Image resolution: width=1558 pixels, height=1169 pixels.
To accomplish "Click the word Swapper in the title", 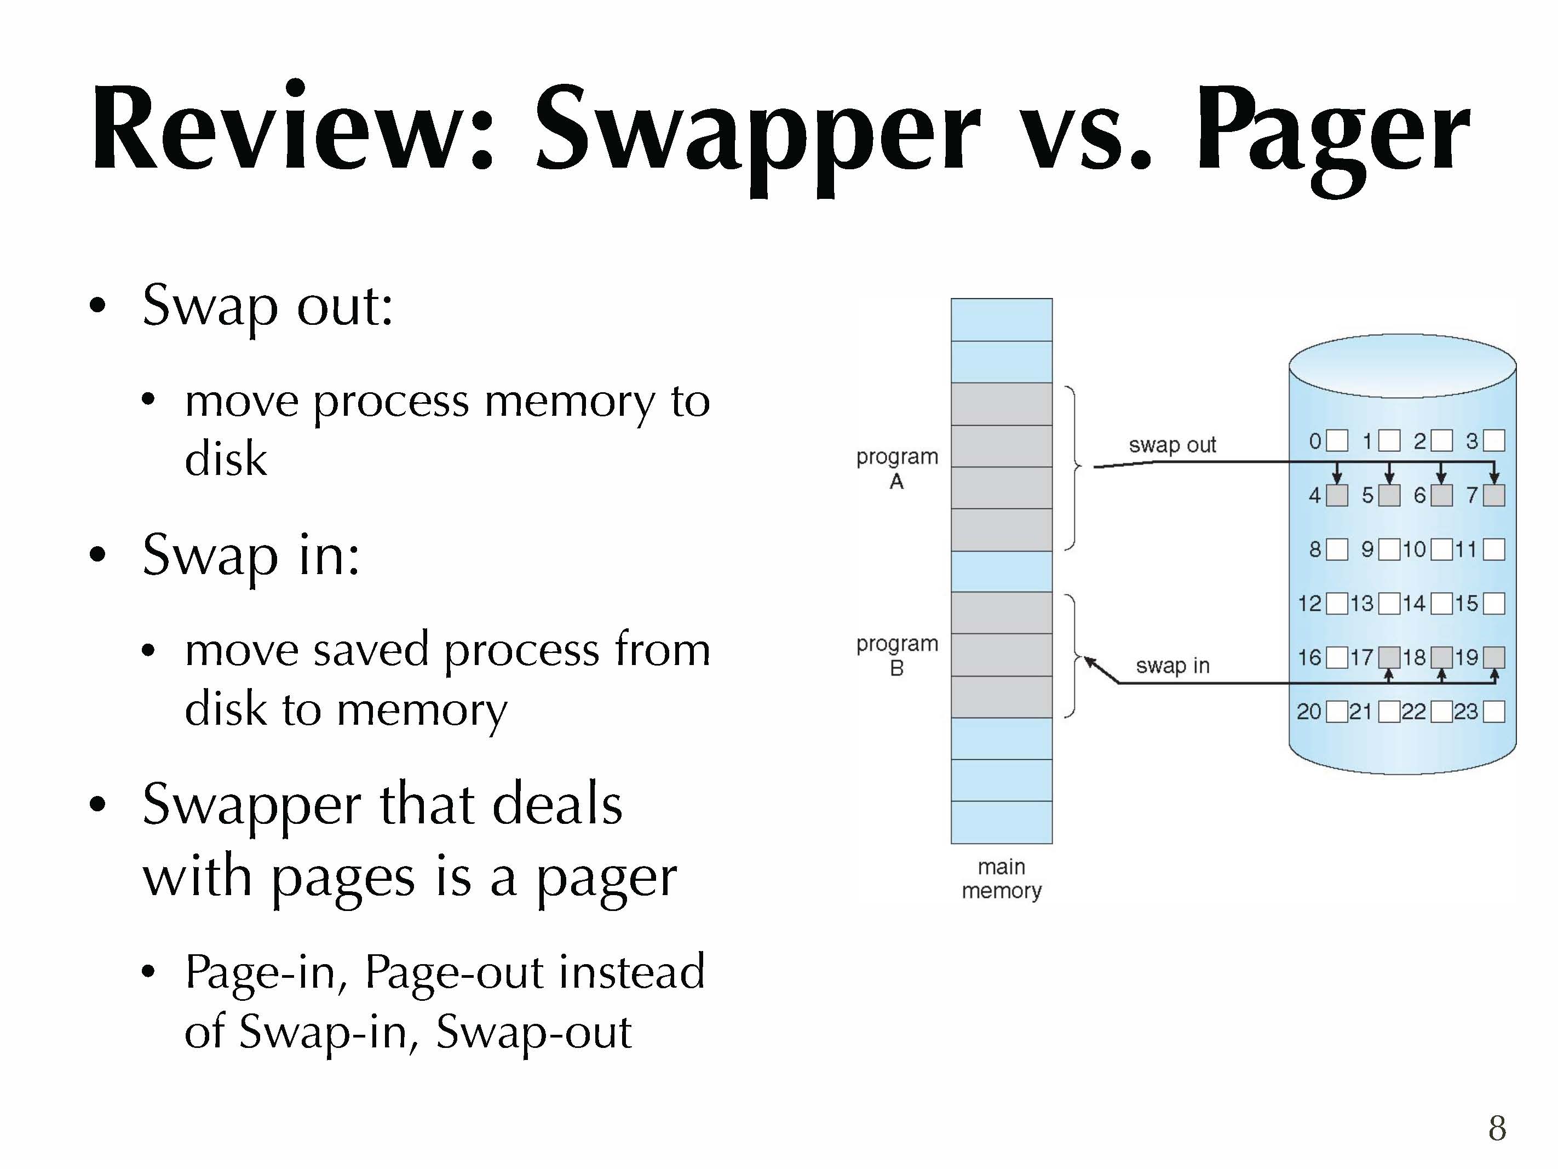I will coord(757,130).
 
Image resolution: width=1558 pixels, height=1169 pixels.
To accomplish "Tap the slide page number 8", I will coord(1497,1128).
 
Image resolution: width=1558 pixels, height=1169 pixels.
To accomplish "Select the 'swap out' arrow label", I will coord(1172,445).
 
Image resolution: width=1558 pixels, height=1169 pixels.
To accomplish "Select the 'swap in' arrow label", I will coord(1172,665).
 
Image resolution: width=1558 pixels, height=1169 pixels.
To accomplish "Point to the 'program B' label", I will coord(896,655).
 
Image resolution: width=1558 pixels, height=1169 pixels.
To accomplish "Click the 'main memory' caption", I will coord(1001,879).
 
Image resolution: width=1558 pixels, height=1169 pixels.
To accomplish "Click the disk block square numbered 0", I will coord(1337,441).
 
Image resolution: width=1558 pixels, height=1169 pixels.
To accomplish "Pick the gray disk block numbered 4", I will coord(1337,495).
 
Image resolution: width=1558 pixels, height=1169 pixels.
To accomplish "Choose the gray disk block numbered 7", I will coord(1494,495).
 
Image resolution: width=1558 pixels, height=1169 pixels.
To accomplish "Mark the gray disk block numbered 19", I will coord(1494,657).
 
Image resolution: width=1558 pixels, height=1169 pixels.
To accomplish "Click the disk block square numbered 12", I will coord(1337,604).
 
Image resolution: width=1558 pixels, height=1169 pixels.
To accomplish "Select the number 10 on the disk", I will coord(1413,549).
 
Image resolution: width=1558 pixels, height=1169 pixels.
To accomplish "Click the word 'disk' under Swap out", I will coord(226,459).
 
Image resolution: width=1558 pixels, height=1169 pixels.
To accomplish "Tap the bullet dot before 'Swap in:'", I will coord(98,554).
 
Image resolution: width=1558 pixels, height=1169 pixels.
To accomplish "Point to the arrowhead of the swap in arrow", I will coord(1088,660).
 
